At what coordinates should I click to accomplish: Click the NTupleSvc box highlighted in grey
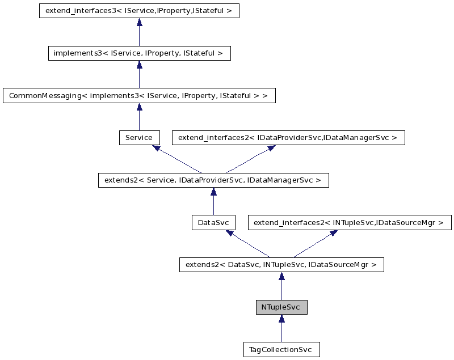coord(281,307)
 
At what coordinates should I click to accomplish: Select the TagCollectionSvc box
coord(281,349)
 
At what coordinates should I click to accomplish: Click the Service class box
coord(139,138)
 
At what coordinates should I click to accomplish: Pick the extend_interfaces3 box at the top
coord(139,11)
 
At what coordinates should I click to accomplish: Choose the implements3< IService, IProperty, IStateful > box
coord(139,53)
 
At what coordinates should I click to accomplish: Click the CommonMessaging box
coord(139,96)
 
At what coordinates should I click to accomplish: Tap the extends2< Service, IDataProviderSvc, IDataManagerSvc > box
coord(213,180)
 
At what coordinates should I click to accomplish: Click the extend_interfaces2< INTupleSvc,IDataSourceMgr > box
coord(350,223)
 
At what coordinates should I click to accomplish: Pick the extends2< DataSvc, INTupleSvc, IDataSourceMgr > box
coord(281,265)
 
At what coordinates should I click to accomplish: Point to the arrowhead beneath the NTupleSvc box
coord(281,319)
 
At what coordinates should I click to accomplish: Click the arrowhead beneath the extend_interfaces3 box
coord(139,23)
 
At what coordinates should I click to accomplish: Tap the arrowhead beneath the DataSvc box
coord(229,233)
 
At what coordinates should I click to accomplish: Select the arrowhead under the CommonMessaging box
coord(139,107)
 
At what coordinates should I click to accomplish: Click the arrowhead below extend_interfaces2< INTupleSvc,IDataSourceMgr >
coord(333,233)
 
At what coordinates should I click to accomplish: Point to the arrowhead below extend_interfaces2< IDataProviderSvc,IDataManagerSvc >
coord(271,148)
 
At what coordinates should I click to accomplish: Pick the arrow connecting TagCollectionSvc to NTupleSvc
coord(281,332)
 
